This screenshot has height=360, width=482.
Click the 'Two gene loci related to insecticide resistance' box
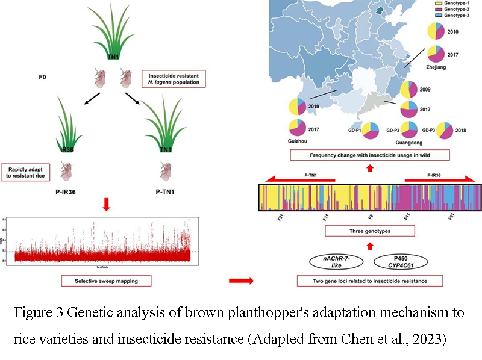369,280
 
